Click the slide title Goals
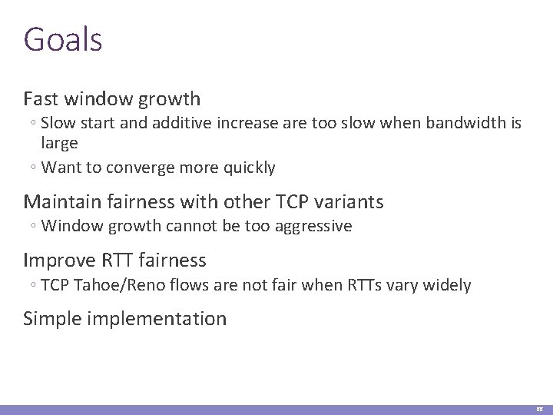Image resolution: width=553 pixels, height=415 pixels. tap(62, 39)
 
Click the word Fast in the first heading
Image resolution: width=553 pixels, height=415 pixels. tap(42, 99)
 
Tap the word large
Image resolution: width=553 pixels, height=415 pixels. tap(59, 143)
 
